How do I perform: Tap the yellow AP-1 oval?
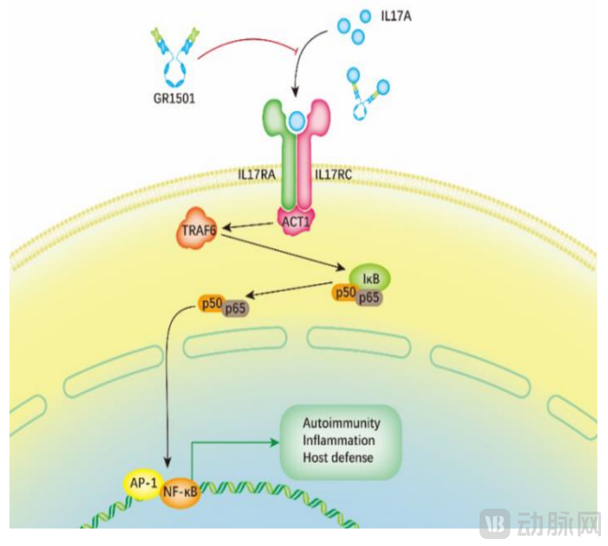143,483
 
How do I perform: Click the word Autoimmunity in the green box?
341,423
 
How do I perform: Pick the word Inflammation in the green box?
338,441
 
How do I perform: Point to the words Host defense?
338,457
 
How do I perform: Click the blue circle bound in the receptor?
298,122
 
